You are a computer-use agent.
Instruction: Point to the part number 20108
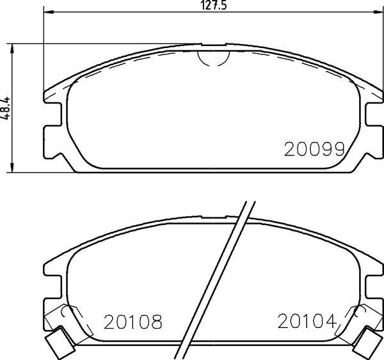pyautogui.click(x=131, y=322)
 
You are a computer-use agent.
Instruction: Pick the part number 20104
pyautogui.click(x=307, y=321)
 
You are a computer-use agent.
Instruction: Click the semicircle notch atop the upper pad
pyautogui.click(x=213, y=57)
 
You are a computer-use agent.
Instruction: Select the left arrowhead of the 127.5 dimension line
pyautogui.click(x=47, y=12)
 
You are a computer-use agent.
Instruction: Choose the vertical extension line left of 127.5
pyautogui.click(x=43, y=51)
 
